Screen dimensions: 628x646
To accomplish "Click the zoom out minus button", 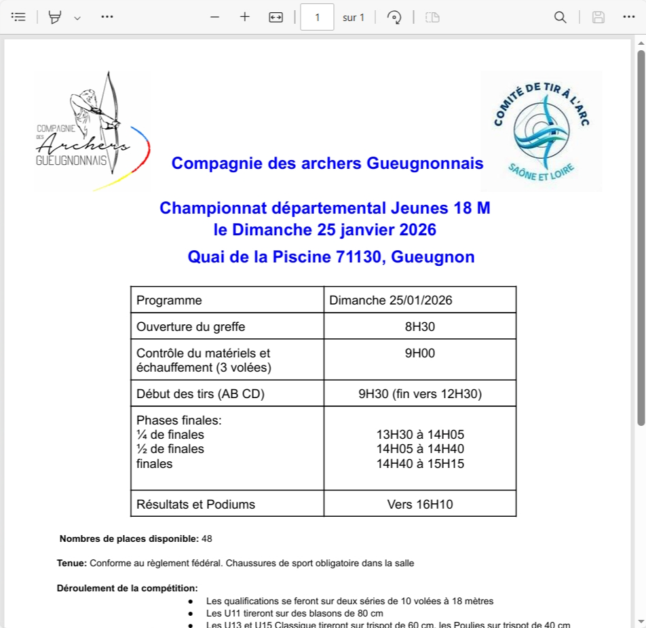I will (x=215, y=17).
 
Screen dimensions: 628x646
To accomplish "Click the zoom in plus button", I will (x=245, y=17).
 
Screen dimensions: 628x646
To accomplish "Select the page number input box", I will (x=317, y=17).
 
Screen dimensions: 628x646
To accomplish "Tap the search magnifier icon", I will (x=560, y=17).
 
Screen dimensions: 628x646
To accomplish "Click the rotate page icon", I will (x=394, y=17).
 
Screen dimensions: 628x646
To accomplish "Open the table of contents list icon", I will (x=18, y=17).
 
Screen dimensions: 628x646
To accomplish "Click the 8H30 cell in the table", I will (x=419, y=327).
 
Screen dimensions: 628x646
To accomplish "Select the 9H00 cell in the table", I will (x=419, y=353).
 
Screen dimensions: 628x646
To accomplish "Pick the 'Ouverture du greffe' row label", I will (x=191, y=327).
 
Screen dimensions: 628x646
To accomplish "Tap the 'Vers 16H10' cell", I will (x=419, y=504).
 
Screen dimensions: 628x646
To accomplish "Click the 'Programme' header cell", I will (x=169, y=300).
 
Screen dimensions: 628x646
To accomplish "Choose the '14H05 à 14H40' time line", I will (x=419, y=449).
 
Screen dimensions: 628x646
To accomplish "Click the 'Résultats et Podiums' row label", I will (x=195, y=504).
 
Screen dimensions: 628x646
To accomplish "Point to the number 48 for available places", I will (x=207, y=539).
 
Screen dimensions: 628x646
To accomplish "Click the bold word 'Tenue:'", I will (x=72, y=563).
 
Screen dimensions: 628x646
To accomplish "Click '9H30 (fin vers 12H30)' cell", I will (x=419, y=393).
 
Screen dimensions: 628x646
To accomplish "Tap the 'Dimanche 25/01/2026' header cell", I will (x=391, y=300).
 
